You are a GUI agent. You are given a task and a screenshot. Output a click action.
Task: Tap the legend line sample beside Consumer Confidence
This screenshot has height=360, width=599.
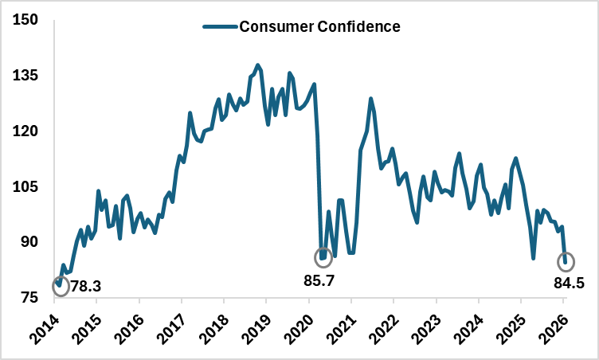coord(221,26)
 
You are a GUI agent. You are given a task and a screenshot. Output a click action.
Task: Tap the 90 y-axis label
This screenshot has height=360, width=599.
coord(30,242)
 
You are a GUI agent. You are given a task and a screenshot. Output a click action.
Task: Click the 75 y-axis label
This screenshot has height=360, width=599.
coord(30,298)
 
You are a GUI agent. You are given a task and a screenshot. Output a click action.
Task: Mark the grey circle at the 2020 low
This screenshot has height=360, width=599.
coord(323,257)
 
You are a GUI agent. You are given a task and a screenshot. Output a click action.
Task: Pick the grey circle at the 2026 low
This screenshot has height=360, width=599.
coord(566,261)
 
